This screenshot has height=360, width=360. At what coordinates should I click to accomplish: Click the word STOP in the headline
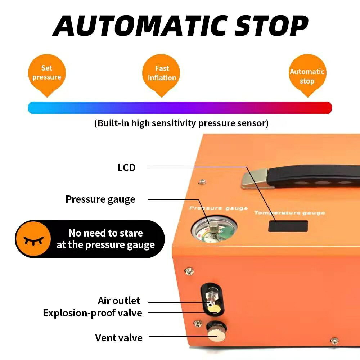pos(271,26)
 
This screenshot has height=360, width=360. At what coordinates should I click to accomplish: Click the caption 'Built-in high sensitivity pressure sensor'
pos(181,123)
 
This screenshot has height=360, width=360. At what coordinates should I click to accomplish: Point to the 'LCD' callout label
pos(126,168)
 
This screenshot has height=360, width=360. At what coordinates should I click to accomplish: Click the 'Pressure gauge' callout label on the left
pos(100,199)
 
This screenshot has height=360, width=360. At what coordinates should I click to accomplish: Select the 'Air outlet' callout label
pos(119,301)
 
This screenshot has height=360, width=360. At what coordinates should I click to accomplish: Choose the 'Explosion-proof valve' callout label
pos(93,313)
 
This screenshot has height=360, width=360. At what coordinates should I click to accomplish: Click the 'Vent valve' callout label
pos(119,338)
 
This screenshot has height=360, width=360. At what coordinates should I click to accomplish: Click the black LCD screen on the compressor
pos(288,226)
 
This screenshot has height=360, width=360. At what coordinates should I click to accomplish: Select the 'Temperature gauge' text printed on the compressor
pos(289,213)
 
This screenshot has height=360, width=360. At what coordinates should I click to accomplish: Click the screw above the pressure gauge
pos(202,182)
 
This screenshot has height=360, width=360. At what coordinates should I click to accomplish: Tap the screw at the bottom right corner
pos(334,341)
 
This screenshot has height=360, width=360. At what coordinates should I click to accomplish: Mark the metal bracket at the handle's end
pos(255,179)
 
